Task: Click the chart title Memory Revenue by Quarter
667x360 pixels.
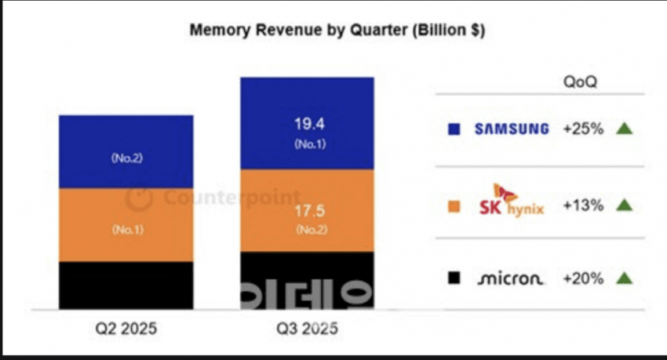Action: tap(337, 31)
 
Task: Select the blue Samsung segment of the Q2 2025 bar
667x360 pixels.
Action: tap(126, 151)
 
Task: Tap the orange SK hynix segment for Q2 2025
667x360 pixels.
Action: tap(126, 225)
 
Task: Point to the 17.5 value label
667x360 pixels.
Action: tap(306, 213)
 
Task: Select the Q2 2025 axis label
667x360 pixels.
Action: tap(126, 329)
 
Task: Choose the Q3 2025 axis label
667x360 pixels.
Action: tap(307, 329)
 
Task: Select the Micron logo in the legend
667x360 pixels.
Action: tap(510, 278)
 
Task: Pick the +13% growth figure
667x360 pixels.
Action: tap(582, 205)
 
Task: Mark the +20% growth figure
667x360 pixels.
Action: tap(582, 278)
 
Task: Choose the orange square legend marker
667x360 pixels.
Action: tap(453, 205)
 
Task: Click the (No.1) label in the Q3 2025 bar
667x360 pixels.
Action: tap(306, 144)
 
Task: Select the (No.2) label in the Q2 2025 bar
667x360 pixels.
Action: tap(126, 157)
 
